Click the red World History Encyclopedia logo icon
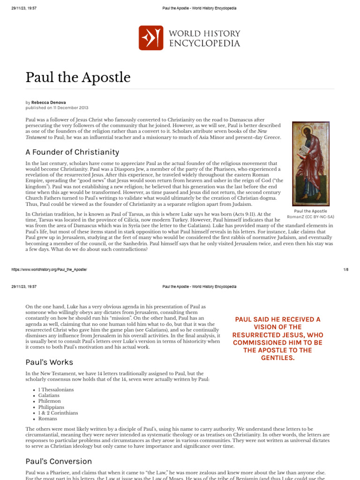pyautogui.click(x=151, y=38)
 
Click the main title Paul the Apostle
pyautogui.click(x=78, y=77)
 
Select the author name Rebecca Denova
pyautogui.click(x=48, y=102)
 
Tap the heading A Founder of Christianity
pyautogui.click(x=72, y=152)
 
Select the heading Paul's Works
pyautogui.click(x=49, y=362)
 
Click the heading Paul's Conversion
pyautogui.click(x=59, y=461)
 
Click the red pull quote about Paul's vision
pyautogui.click(x=278, y=339)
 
